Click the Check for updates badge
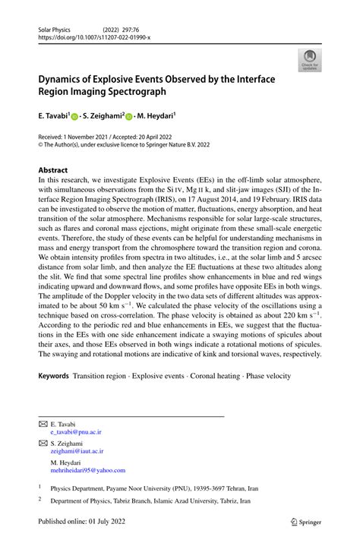309,60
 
